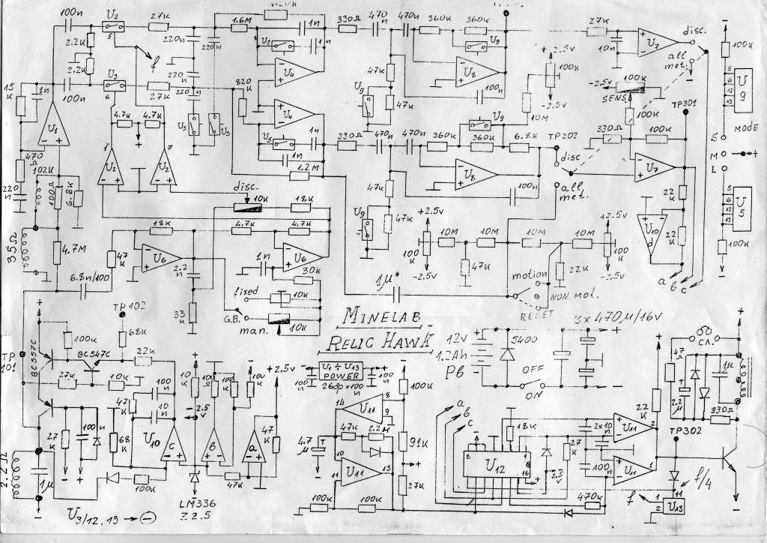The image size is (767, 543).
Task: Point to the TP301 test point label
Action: point(684,102)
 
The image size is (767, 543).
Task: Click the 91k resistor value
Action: point(418,441)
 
